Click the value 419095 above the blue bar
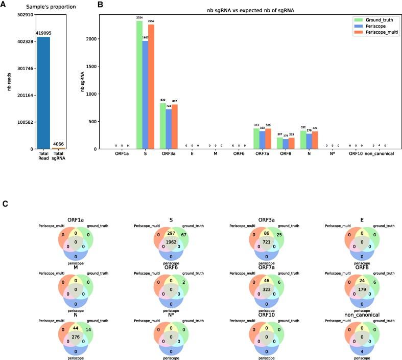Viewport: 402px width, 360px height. pos(43,33)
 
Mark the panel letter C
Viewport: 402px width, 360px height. pos(5,204)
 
